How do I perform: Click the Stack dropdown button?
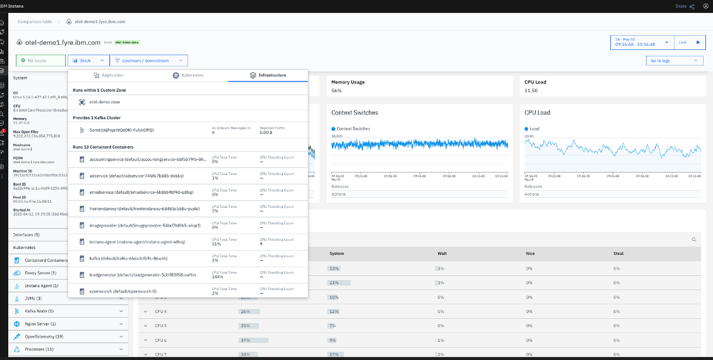point(88,60)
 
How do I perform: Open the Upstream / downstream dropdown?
point(149,60)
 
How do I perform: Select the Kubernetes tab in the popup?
point(188,75)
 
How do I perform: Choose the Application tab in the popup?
point(108,75)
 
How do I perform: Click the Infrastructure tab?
point(268,75)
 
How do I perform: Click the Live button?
point(690,42)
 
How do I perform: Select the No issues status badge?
point(40,60)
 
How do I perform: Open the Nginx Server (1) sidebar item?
point(41,324)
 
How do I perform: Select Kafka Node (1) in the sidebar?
point(39,311)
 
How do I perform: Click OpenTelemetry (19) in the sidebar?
point(45,337)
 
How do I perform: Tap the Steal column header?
point(618,254)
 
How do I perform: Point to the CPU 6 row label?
point(161,340)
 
